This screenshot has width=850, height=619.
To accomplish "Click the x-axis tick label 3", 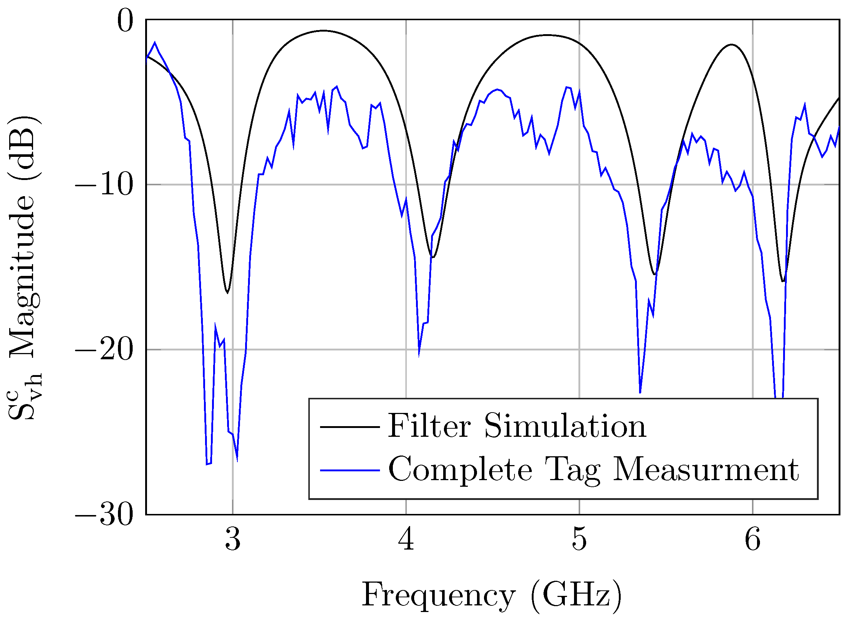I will (x=233, y=540).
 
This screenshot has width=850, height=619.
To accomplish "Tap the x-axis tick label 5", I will (x=580, y=540).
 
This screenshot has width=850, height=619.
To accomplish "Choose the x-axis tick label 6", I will (x=753, y=540).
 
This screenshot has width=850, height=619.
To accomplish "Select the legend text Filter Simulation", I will (x=517, y=426).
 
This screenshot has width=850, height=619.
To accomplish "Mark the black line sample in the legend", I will (x=350, y=427).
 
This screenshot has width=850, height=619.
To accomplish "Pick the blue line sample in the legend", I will (x=350, y=470).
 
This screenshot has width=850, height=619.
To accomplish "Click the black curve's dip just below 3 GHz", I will (x=227, y=293).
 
